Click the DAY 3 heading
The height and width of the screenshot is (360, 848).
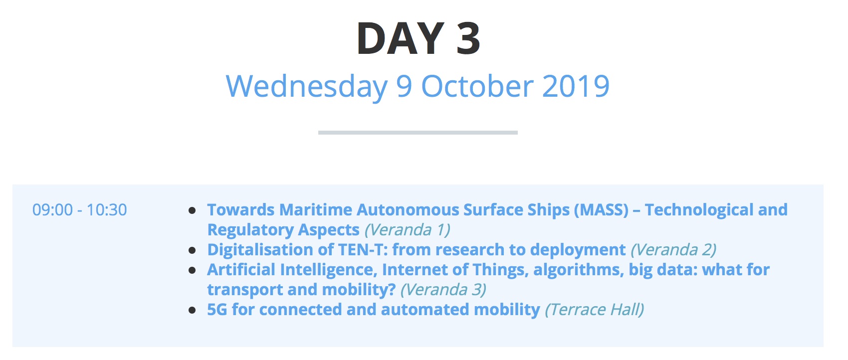click(x=419, y=38)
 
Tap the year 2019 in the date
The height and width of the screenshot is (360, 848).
click(x=576, y=86)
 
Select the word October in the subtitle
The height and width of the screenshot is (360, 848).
click(x=478, y=86)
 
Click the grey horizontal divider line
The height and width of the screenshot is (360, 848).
click(x=418, y=133)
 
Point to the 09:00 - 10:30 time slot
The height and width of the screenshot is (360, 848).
click(x=79, y=210)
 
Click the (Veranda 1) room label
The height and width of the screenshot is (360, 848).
click(x=408, y=230)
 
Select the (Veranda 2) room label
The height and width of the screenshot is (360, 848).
click(x=673, y=250)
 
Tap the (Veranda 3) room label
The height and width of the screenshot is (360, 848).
click(x=443, y=290)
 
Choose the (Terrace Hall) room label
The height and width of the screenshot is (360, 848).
click(x=595, y=310)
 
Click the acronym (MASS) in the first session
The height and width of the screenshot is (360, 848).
click(x=601, y=210)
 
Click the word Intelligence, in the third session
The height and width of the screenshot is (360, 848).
click(x=329, y=270)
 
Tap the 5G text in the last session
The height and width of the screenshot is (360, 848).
click(x=217, y=310)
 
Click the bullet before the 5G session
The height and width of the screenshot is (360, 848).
click(x=192, y=311)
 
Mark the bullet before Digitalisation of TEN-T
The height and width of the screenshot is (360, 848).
click(x=192, y=250)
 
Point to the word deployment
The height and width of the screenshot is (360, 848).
click(x=578, y=250)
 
